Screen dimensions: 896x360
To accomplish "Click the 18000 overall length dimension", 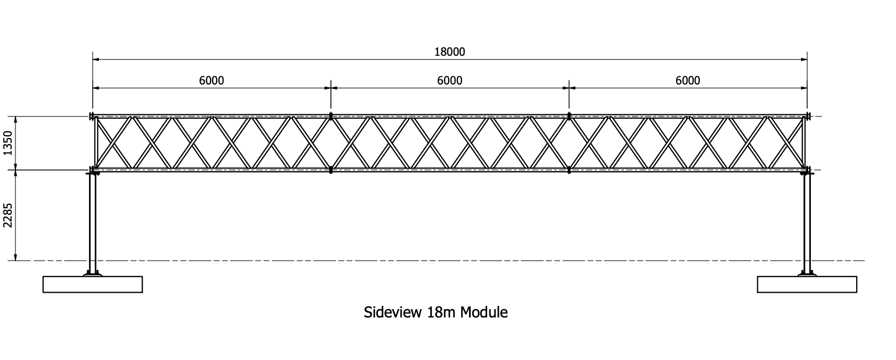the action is coord(450,52).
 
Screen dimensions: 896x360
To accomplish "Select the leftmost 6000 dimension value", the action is coord(211,81).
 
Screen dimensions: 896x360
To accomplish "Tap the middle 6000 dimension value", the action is coord(449,81).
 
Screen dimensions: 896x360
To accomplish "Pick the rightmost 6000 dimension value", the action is coord(688,81).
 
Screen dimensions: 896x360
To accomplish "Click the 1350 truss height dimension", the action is coord(8,143).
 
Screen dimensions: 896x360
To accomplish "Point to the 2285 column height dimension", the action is coord(8,215).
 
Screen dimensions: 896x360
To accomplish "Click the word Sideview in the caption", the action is coord(393,312).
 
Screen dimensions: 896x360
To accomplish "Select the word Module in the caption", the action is coord(483,312).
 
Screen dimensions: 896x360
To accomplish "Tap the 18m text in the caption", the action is coord(441,312).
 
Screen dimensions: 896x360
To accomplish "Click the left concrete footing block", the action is coord(92,284).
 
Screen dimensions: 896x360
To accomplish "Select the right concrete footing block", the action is coord(807,284).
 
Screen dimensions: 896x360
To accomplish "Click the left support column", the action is coord(92,223).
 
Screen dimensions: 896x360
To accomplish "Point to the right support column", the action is coord(807,223).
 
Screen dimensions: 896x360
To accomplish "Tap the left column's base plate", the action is coord(92,274).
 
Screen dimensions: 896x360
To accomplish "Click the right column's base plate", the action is coord(807,274).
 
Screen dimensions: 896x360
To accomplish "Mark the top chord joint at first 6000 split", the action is coord(331,116).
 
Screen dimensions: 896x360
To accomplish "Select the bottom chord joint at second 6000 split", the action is coord(569,170).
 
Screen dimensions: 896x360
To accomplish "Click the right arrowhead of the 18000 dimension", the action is coord(804,60).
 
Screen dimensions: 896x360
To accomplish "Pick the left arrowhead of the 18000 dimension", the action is coord(96,60).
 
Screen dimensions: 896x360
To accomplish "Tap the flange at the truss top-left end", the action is coord(92,117).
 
